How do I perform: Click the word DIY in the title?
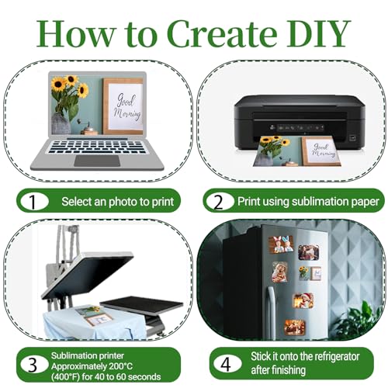coord(318,34)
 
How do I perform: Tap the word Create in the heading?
coord(224,34)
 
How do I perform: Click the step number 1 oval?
coord(34,201)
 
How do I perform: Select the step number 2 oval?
coord(219,201)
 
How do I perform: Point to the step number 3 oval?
coord(34,365)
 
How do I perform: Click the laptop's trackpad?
coord(97,161)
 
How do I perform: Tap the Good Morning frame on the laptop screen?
coord(123,106)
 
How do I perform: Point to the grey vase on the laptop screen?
coord(61,124)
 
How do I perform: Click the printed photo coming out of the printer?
coord(297,151)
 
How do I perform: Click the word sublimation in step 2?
coord(320,201)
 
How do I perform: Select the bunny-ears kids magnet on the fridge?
coord(282,244)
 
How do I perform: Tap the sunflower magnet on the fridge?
coord(310,273)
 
